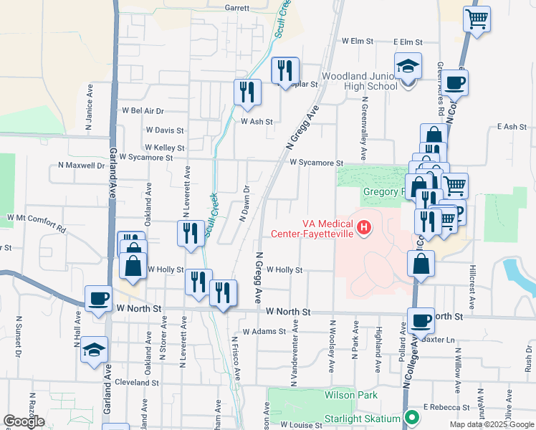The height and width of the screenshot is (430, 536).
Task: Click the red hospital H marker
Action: coord(364,228)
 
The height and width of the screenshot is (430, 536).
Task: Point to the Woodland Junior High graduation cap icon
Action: coord(408,67)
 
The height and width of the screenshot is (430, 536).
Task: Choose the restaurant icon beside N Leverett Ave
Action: coord(190,233)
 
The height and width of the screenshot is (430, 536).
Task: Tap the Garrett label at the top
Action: coord(236,8)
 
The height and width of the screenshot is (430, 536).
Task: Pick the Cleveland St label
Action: coord(135,383)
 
